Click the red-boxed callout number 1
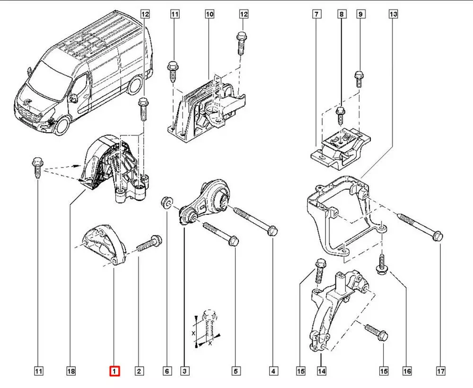115,371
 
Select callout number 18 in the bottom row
70,371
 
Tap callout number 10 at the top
210,15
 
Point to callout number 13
393,15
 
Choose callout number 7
315,15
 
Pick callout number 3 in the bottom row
184,371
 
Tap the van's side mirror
73,98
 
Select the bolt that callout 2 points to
149,243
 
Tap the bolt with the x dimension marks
208,324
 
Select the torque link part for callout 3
206,201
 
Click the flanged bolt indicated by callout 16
382,264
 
